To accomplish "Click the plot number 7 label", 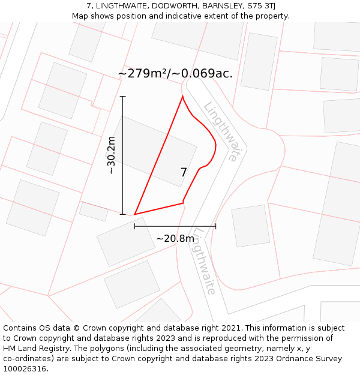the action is click(184, 173).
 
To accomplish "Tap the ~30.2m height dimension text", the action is click(111, 155).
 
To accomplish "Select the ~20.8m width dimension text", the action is click(175, 239).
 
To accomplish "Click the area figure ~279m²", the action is click(143, 74).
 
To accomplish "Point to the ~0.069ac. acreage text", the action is click(203, 74).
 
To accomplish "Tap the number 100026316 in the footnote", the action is click(23, 369).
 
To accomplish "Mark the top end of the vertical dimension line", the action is click(123, 96).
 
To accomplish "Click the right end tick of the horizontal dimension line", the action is click(215, 226).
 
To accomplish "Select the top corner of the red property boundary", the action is click(182, 96).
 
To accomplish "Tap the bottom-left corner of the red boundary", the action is click(134, 214).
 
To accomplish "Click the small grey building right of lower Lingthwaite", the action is click(251, 226).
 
